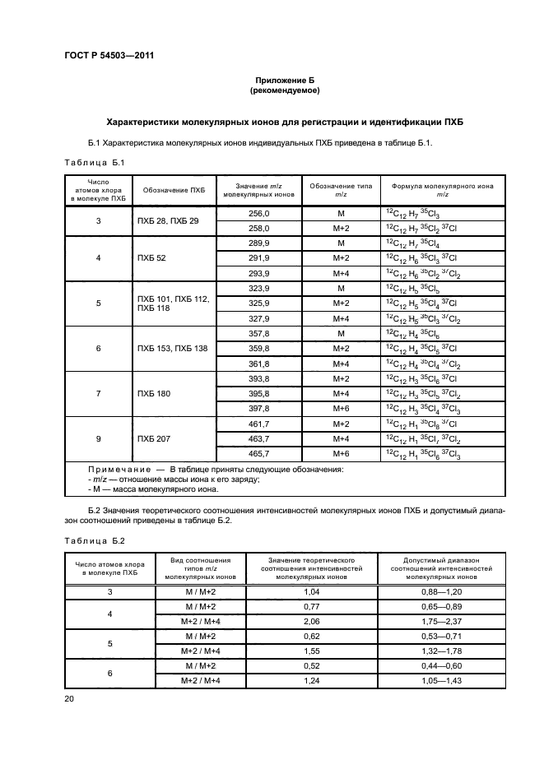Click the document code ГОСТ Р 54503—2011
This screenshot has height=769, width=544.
coord(109,55)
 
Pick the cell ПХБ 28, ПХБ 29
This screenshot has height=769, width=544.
coord(169,220)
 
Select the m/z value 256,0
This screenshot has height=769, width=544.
coord(259,213)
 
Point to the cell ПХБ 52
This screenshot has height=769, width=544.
coord(151,258)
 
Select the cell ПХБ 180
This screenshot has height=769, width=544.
coord(154,394)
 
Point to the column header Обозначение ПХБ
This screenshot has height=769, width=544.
coord(174,191)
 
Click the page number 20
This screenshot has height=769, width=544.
coord(70,699)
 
